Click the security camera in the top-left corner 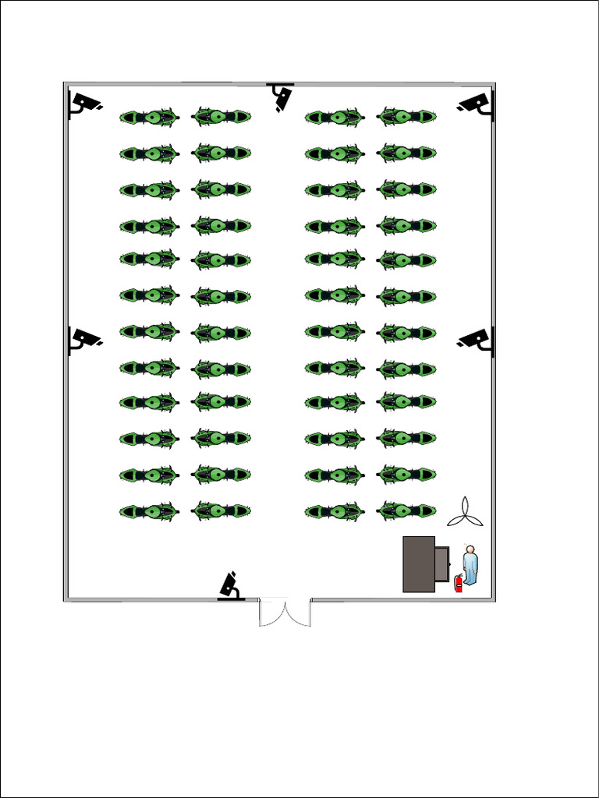coord(84,103)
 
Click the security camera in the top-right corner coord(477,104)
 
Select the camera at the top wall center coord(281,96)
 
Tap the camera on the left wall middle coord(84,339)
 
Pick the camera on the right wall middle coord(477,339)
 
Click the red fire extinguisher coord(459,583)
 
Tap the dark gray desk coord(419,564)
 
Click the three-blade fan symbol coord(466,512)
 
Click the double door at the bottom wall coord(285,612)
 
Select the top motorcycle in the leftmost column coord(150,118)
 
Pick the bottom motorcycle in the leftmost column coord(150,512)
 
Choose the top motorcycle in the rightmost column coord(406,117)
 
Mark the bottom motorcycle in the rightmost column coord(406,511)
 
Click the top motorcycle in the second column coord(221,117)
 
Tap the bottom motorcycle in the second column coord(221,511)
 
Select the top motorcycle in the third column coord(335,118)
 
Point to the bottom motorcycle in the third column coord(335,512)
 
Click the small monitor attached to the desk coord(442,563)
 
